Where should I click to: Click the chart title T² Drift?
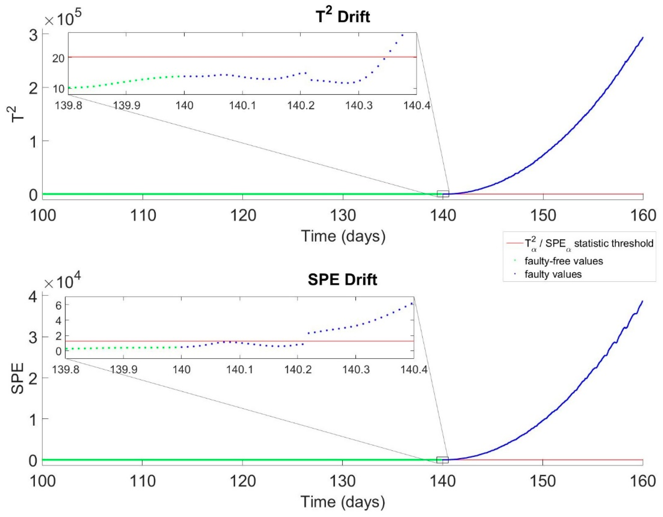343,16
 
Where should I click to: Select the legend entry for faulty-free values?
563,261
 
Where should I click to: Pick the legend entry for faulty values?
553,274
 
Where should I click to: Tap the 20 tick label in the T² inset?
58,58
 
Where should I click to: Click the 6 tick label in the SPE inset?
58,306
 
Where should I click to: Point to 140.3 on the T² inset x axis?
359,105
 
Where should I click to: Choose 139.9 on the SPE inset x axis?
123,369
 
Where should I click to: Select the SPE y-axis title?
18,378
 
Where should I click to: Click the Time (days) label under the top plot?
343,236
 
